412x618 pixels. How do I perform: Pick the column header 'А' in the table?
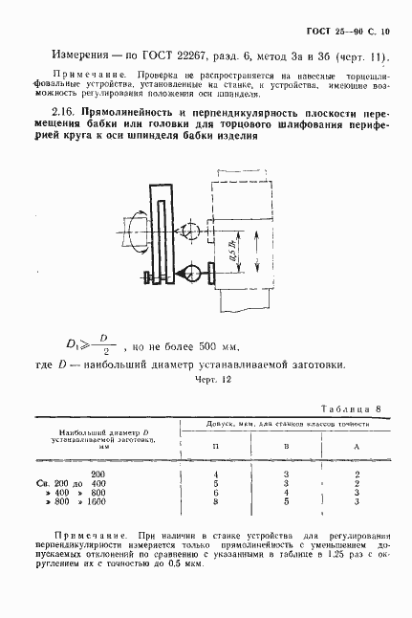356,447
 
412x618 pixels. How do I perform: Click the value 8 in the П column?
218,500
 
